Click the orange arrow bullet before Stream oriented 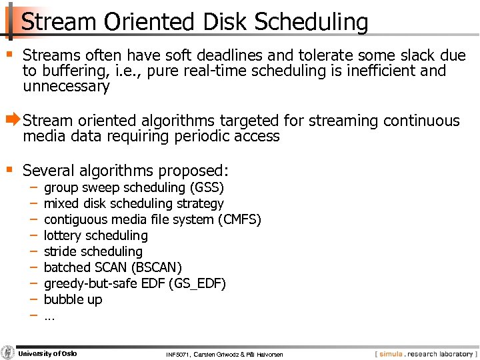(13, 121)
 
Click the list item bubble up (73, 299)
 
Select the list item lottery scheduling (95, 235)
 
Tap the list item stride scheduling (93, 251)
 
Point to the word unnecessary (66, 87)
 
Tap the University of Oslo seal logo (8, 353)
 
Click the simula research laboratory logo (425, 353)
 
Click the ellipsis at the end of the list (49, 316)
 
